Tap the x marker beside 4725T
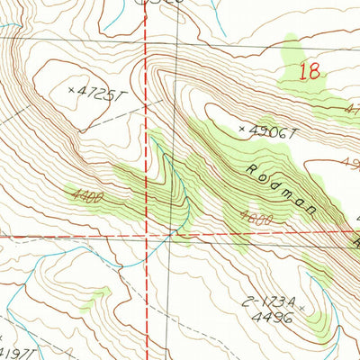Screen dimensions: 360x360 73,89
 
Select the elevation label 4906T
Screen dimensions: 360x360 274,131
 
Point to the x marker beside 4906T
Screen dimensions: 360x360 241,130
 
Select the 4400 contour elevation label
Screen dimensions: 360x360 85,193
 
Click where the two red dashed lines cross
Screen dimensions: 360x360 148,236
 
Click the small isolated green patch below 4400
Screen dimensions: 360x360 103,292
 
